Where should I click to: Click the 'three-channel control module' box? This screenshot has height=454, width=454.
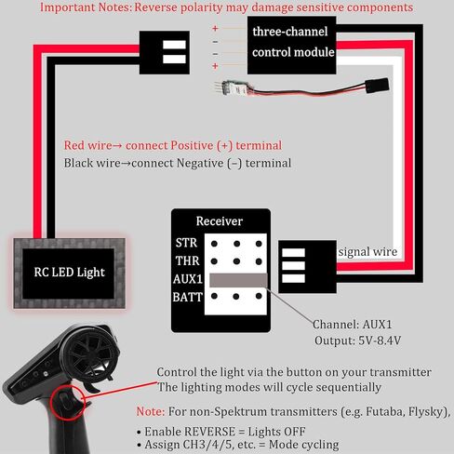tap(292, 46)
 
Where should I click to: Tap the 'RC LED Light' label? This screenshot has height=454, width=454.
tap(70, 273)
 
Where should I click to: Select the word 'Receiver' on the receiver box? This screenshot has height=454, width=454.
tap(220, 221)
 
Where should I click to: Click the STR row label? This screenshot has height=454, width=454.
tap(186, 243)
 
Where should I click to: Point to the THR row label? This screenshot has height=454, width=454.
tap(187, 260)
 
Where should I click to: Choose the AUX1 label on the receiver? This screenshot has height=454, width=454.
tap(188, 279)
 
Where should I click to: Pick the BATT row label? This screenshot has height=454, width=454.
tap(187, 297)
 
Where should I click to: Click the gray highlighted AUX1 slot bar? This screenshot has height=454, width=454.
tap(238, 280)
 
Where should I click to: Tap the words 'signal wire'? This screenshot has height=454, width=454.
tap(367, 251)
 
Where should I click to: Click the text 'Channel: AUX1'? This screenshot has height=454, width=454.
tap(352, 325)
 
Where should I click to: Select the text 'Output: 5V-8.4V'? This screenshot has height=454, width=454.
tap(357, 340)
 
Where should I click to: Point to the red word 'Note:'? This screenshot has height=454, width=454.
tap(151, 411)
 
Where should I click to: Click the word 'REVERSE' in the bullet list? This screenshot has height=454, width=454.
tap(209, 432)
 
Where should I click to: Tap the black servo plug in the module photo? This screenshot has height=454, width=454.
tap(377, 86)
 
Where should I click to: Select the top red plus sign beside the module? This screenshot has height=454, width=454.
tap(215, 29)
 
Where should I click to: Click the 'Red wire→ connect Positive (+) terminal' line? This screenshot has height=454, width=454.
tap(173, 145)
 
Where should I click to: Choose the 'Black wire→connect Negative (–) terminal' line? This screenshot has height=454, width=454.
tap(178, 163)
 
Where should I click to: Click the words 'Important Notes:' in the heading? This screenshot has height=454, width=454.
tap(86, 7)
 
